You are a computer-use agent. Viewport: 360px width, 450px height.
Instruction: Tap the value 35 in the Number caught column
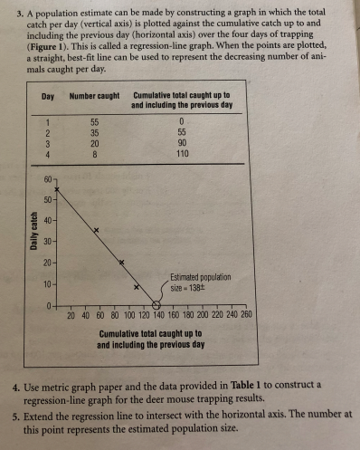click(x=94, y=130)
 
